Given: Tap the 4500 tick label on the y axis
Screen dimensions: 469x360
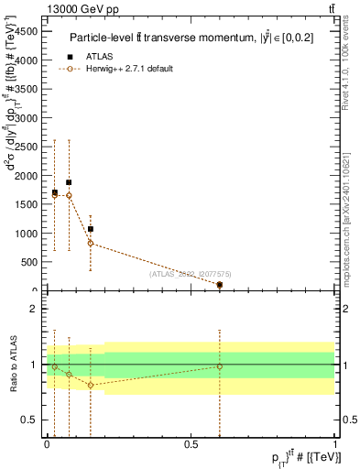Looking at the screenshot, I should click(27, 30).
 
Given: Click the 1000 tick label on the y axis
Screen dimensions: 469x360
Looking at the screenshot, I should click(27, 233).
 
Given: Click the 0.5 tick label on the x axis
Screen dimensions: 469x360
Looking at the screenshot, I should click(191, 443).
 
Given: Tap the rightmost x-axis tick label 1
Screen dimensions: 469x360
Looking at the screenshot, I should click(334, 443).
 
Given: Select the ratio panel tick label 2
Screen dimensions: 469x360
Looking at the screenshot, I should click(36, 310).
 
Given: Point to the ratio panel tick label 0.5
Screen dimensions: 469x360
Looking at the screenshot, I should click(32, 420).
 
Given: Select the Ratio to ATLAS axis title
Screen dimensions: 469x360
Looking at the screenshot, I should click(14, 364).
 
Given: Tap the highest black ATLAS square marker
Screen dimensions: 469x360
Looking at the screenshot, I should click(69, 182).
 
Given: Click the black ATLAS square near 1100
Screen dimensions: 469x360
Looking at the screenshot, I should click(91, 229).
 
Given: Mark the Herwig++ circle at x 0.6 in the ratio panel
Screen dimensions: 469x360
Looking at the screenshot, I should click(220, 366).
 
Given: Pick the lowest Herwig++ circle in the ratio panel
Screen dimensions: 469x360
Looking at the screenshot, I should click(91, 385).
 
